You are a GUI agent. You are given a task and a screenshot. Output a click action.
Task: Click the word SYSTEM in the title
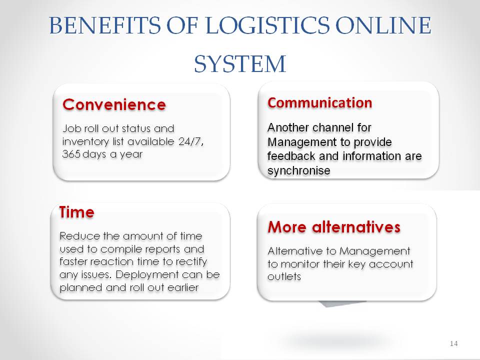(240, 64)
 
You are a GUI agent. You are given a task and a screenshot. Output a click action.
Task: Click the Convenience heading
(114, 104)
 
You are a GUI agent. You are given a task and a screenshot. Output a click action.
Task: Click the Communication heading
(320, 103)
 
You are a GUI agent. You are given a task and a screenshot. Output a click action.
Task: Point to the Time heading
(77, 212)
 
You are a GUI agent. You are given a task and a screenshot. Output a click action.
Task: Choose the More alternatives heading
(334, 227)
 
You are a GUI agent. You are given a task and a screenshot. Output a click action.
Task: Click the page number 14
(454, 343)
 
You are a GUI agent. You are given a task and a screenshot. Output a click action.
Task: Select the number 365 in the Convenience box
(71, 153)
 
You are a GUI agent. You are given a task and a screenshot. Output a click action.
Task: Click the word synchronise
(299, 170)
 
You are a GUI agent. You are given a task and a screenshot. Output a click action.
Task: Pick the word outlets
(284, 276)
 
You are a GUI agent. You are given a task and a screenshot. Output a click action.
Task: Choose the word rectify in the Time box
(191, 262)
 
